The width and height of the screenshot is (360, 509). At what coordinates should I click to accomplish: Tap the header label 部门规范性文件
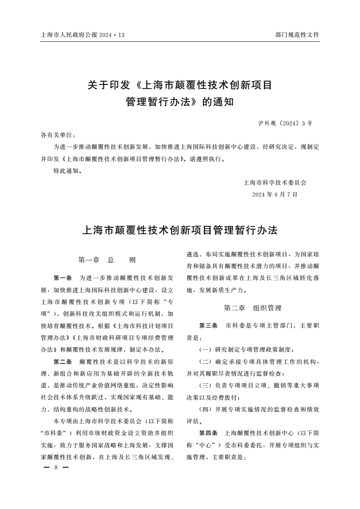pyautogui.click(x=297, y=35)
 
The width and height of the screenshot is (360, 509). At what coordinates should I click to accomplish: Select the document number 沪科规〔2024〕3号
pyautogui.click(x=285, y=123)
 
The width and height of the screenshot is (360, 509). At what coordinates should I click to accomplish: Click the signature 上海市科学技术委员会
pyautogui.click(x=275, y=183)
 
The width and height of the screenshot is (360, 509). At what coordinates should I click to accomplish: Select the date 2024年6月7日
pyautogui.click(x=275, y=194)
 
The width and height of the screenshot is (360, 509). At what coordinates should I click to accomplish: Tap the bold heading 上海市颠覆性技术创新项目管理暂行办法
pyautogui.click(x=179, y=230)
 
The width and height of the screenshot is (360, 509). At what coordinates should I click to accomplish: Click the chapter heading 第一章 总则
pyautogui.click(x=107, y=260)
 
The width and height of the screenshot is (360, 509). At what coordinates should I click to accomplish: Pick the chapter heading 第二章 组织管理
pyautogui.click(x=253, y=308)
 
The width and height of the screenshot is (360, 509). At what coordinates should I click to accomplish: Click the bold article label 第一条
pyautogui.click(x=63, y=278)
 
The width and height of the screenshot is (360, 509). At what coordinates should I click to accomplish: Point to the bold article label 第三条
pyautogui.click(x=208, y=326)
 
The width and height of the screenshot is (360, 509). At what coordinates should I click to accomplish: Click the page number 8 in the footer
pyautogui.click(x=55, y=467)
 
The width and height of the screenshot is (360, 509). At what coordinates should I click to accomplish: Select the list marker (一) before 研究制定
pyautogui.click(x=207, y=350)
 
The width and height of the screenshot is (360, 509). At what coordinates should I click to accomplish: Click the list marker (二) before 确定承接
pyautogui.click(x=207, y=362)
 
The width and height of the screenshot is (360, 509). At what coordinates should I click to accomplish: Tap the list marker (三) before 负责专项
pyautogui.click(x=207, y=385)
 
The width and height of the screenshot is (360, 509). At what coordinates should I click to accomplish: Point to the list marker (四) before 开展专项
pyautogui.click(x=207, y=409)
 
